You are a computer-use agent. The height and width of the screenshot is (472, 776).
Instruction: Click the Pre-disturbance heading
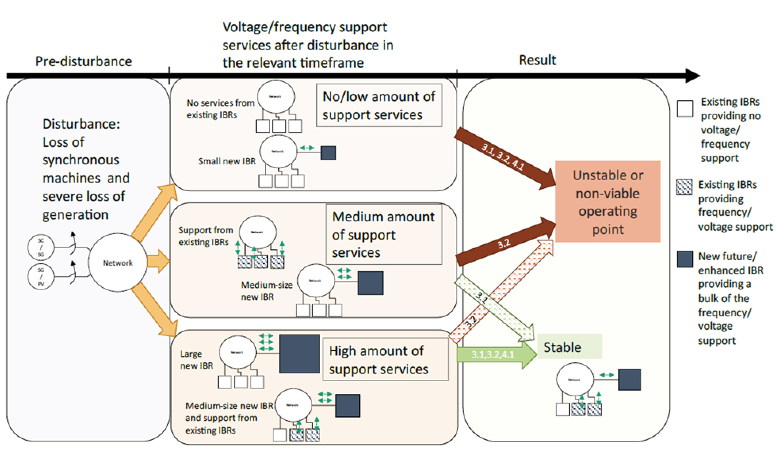(x=83, y=61)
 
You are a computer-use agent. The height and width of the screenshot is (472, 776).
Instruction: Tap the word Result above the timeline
(x=537, y=60)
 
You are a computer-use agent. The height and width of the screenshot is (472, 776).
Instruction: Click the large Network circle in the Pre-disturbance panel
(x=117, y=263)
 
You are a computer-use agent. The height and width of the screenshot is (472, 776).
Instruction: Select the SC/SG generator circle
(x=41, y=247)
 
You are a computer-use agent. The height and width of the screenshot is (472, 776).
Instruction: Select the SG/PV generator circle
(x=41, y=276)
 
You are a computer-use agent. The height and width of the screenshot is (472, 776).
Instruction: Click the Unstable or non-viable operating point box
(x=608, y=202)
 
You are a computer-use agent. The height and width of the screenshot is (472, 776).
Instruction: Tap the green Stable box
(x=569, y=347)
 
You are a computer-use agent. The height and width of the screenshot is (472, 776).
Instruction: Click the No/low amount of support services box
(x=379, y=105)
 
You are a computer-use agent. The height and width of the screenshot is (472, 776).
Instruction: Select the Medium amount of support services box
(x=384, y=234)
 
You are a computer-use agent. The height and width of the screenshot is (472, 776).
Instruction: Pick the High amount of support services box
(x=385, y=360)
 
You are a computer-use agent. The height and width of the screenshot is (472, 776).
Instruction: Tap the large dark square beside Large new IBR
(x=299, y=354)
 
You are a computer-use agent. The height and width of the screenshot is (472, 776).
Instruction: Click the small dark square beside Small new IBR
(x=328, y=153)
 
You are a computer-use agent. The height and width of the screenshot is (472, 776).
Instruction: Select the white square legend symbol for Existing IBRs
(x=685, y=108)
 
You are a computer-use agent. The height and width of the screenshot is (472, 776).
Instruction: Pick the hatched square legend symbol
(x=684, y=187)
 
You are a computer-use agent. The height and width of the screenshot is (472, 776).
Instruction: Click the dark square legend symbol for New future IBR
(x=685, y=259)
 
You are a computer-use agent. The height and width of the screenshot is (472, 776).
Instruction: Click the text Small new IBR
(x=227, y=161)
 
